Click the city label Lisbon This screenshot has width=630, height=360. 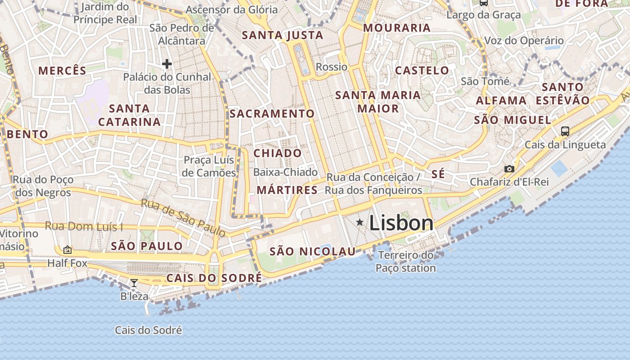point(401,223)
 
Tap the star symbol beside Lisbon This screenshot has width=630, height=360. point(360,222)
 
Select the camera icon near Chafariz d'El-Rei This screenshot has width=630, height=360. point(509,169)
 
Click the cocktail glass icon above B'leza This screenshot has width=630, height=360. point(134,283)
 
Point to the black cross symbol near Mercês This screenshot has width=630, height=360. point(167,64)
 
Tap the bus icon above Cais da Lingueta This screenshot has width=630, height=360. point(565,131)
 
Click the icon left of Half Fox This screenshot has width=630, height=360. point(67,249)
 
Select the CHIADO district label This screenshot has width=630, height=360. point(278,153)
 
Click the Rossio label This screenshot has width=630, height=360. point(332,67)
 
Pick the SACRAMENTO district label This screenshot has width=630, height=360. point(272,113)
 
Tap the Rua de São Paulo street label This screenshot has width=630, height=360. point(183,218)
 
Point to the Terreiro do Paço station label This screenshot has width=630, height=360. point(406,261)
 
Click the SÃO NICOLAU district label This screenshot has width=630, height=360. point(312,252)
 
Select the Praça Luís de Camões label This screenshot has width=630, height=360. point(210,166)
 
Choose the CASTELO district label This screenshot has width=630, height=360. point(422,70)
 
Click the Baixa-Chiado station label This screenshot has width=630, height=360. point(285,172)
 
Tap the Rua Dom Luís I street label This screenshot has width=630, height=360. point(84,226)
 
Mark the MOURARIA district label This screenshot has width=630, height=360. point(397,28)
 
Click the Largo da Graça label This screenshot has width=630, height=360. point(483,15)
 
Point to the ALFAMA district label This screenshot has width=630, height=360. point(501,100)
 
